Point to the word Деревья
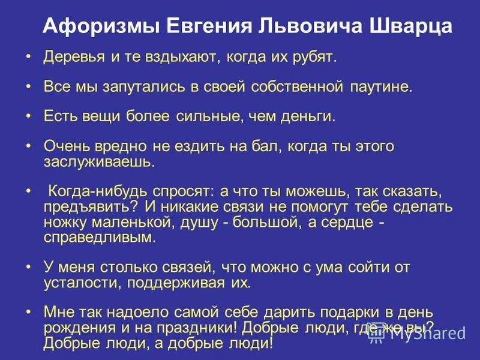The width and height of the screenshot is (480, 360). pos(67,58)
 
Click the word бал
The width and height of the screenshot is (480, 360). pos(270,146)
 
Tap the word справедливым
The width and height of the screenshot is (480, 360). pos(99,236)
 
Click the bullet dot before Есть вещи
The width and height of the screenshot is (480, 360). pos(29,116)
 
